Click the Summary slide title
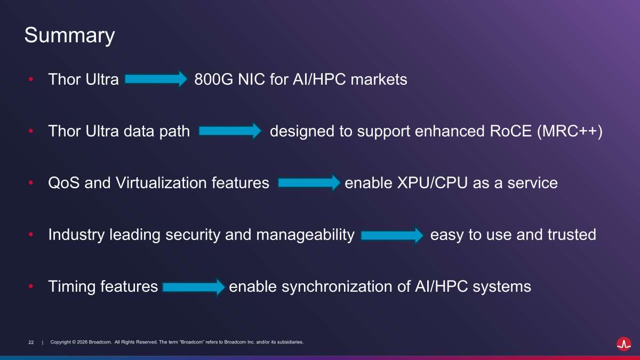69,35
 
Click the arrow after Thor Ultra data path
230,131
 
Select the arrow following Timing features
194,287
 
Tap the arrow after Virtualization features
309,182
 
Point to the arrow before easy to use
393,235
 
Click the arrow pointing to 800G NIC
156,78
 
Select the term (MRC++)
570,131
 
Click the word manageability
305,235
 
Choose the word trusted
572,235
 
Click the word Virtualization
161,183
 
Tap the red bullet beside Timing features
31,286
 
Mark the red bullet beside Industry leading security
31,235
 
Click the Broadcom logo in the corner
623,344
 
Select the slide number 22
31,342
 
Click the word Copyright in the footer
60,342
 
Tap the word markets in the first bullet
379,79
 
